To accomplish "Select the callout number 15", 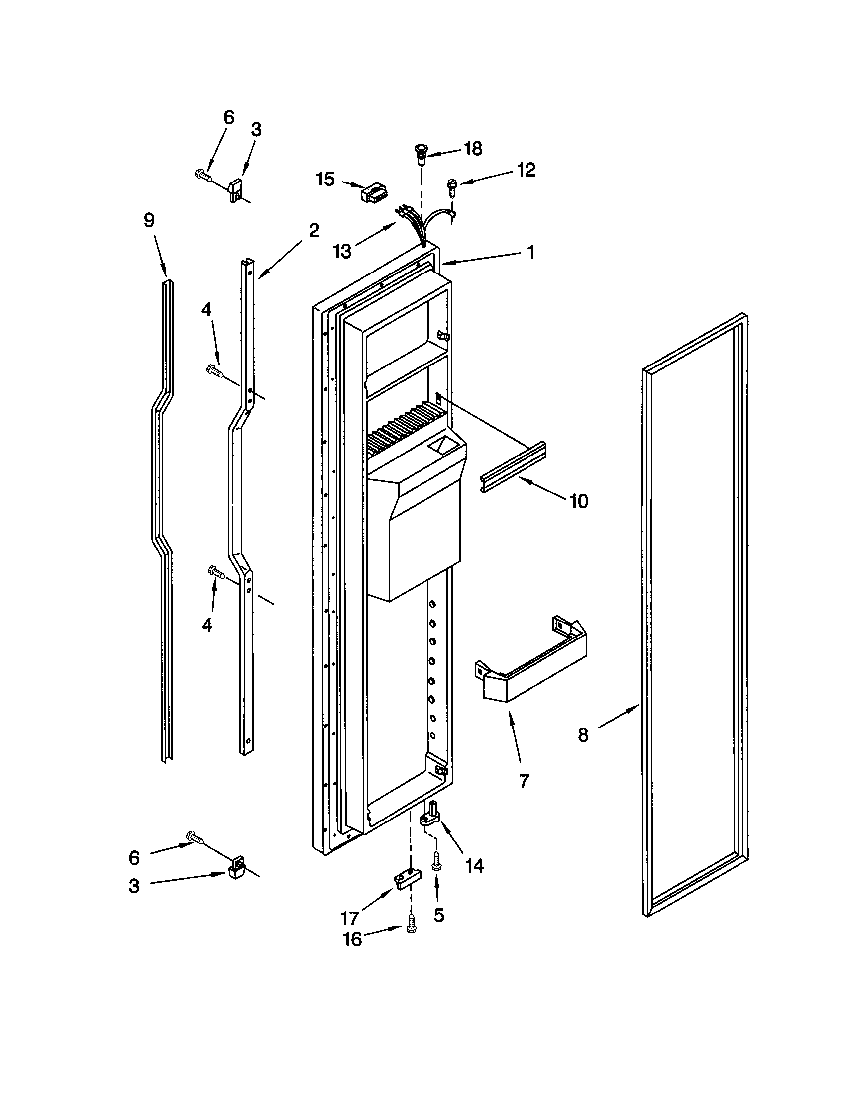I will (325, 179).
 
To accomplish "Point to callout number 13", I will (343, 251).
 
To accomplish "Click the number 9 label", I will (149, 220).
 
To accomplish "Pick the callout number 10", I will (579, 500).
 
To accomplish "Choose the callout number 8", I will (583, 735).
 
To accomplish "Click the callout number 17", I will (350, 918).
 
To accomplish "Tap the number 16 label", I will (352, 939).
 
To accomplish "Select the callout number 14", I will (474, 866).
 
